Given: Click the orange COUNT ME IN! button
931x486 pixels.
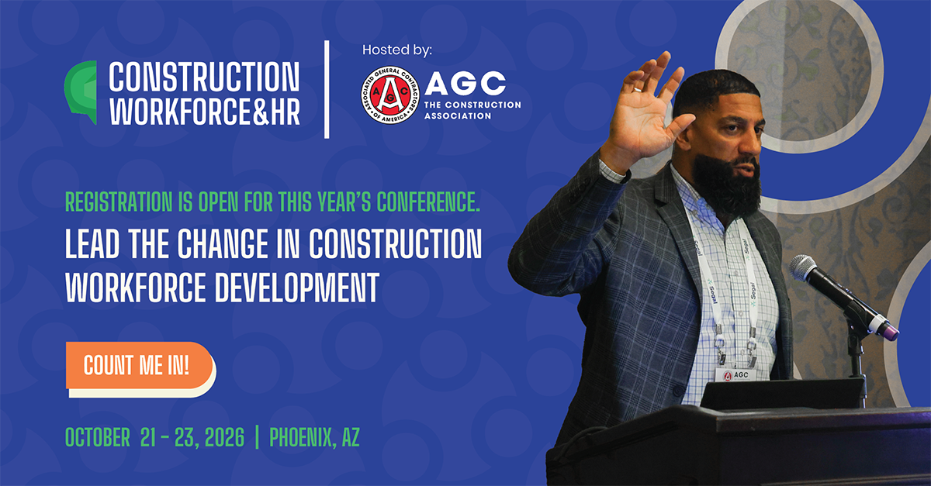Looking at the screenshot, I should tap(138, 366).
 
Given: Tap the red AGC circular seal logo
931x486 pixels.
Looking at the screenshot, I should tap(390, 96).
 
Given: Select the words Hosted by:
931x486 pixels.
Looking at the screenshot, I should tap(396, 50).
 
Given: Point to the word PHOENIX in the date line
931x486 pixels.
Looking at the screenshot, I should tap(306, 437).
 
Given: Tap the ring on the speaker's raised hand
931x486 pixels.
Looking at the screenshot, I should tap(637, 90).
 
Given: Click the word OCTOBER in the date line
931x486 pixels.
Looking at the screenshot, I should tap(98, 437).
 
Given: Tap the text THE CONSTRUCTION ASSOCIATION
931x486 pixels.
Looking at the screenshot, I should tap(472, 110).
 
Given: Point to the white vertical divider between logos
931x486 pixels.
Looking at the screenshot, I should tap(327, 90).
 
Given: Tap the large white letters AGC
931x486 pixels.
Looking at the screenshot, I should tap(465, 83).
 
